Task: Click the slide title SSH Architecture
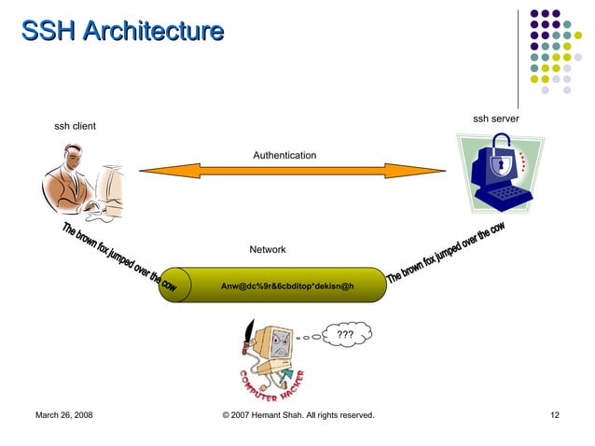click(122, 33)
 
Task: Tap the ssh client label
click(75, 126)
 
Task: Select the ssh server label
click(495, 118)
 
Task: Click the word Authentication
click(284, 155)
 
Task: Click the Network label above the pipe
click(268, 250)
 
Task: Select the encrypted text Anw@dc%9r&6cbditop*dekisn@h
click(287, 285)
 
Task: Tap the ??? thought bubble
click(344, 334)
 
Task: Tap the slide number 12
click(555, 414)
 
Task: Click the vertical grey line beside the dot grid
click(519, 56)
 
